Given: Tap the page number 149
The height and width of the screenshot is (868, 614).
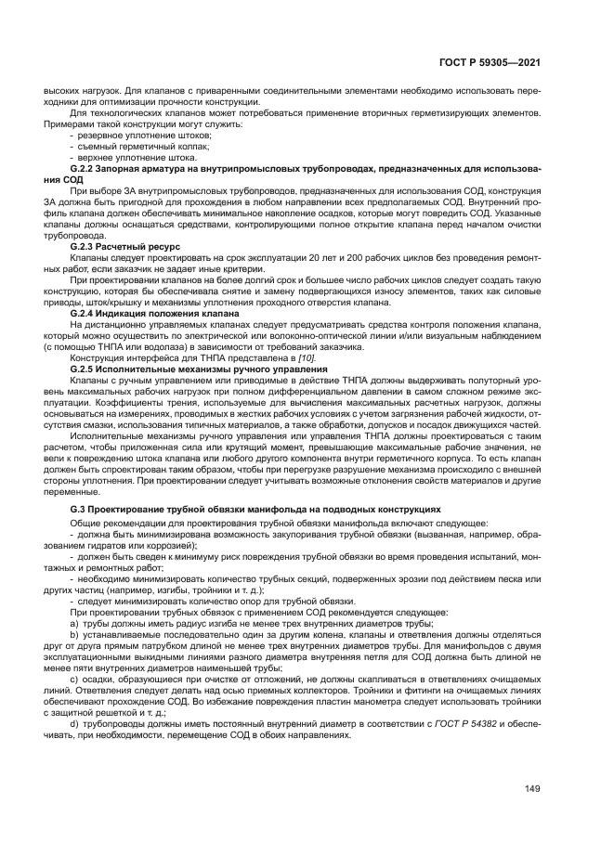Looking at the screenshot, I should [531, 790].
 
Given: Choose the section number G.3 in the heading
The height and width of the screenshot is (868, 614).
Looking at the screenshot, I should [82, 512].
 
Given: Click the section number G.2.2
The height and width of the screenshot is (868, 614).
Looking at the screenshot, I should [87, 168].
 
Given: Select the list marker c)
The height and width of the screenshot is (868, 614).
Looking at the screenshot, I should [73, 680].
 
